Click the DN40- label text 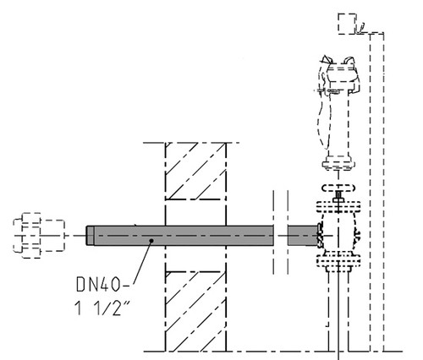pos(103,285)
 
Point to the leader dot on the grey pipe pos(151,241)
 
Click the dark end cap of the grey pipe pos(90,236)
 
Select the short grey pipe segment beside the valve pos(302,236)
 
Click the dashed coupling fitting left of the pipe pos(39,236)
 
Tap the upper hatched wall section pos(195,172)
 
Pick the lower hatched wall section pos(195,312)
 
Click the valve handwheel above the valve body pos(338,188)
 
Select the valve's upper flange pos(338,207)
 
